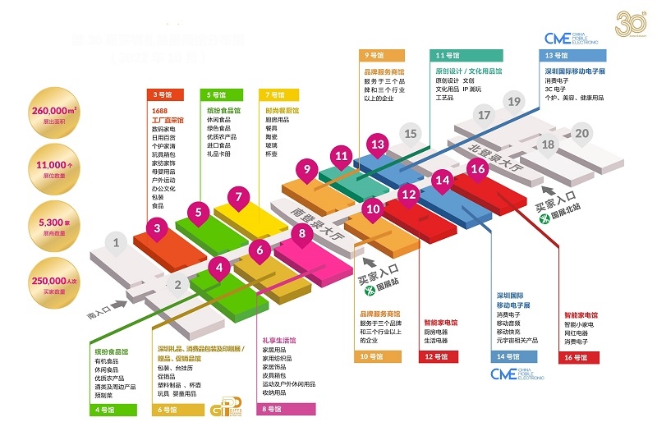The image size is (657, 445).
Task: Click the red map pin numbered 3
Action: coord(158,227)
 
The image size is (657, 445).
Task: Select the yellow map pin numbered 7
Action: coord(238,197)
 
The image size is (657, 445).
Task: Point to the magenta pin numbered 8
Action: coord(302,234)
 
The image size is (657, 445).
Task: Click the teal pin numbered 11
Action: coord(342,155)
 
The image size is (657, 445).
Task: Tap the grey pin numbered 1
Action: coord(117,242)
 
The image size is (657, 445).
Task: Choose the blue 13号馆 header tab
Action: coord(573,56)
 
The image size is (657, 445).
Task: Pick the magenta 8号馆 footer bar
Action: coord(287,408)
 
